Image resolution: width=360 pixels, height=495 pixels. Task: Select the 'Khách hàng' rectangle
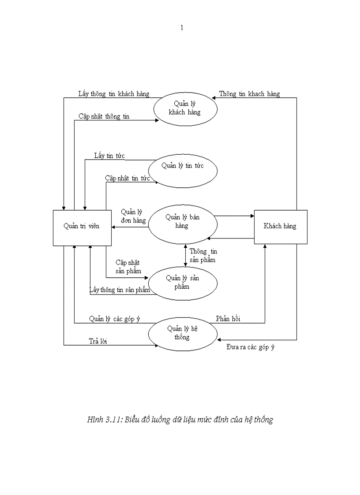(x=280, y=227)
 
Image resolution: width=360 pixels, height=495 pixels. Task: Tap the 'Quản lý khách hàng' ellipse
(x=185, y=108)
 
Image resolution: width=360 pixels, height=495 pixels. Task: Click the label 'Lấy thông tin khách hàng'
(x=114, y=94)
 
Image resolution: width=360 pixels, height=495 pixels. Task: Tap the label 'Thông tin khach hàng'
(x=249, y=94)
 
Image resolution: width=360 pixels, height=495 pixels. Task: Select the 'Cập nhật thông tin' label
(x=104, y=116)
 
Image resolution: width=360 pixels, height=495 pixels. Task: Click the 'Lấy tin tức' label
(x=109, y=156)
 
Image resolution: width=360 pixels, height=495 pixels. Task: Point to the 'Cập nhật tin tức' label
(x=127, y=178)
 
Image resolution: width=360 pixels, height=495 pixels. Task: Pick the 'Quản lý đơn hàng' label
(x=133, y=216)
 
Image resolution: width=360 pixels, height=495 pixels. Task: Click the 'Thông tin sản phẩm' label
(x=203, y=256)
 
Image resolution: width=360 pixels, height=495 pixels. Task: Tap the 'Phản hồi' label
(x=228, y=319)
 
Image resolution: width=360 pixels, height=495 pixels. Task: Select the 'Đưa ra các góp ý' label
(x=250, y=347)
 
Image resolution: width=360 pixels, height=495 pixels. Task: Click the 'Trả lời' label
(x=98, y=341)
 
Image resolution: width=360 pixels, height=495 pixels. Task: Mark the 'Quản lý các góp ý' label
(x=114, y=319)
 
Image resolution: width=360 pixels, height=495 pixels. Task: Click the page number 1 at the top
(x=182, y=28)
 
